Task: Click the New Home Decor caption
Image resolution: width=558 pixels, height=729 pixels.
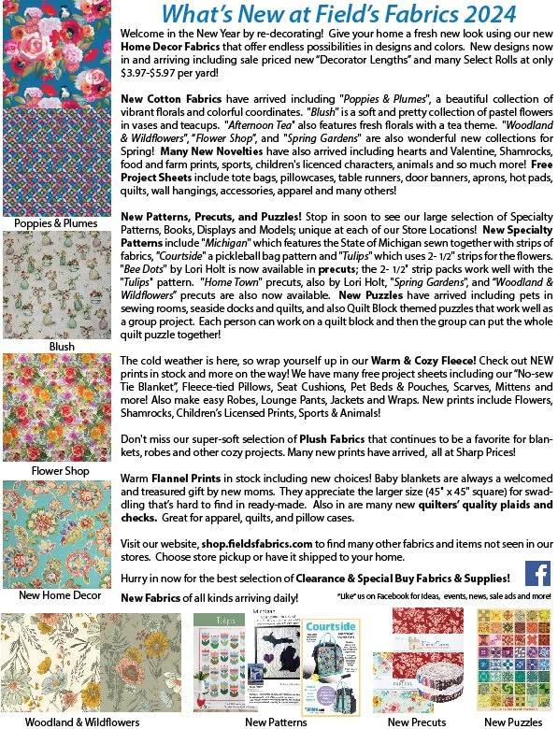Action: [61, 594]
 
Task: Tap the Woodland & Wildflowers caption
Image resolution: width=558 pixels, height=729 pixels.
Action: [82, 722]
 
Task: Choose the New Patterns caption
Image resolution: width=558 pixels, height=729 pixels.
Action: [270, 722]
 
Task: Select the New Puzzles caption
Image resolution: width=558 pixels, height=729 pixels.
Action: [514, 722]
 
